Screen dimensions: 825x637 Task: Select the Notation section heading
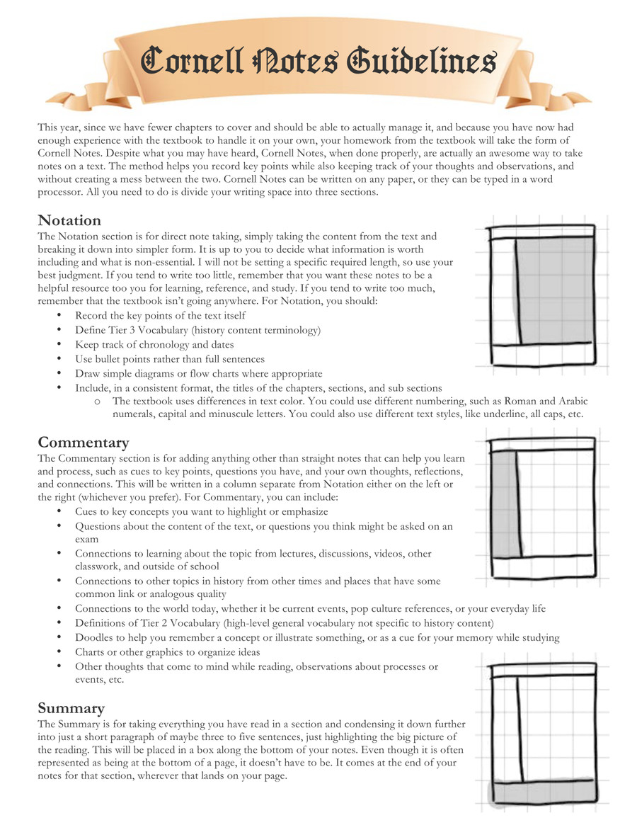point(69,220)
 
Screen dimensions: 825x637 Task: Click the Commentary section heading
point(84,443)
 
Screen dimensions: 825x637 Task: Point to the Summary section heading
point(71,708)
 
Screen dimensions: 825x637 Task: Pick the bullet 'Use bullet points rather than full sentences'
point(170,359)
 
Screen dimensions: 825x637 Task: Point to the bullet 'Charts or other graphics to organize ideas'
point(168,652)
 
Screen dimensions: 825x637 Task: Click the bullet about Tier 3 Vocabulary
point(197,330)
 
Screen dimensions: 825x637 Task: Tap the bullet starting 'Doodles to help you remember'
point(317,637)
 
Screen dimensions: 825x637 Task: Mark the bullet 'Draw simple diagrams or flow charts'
point(198,373)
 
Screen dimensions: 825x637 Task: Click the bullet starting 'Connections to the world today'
point(310,609)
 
